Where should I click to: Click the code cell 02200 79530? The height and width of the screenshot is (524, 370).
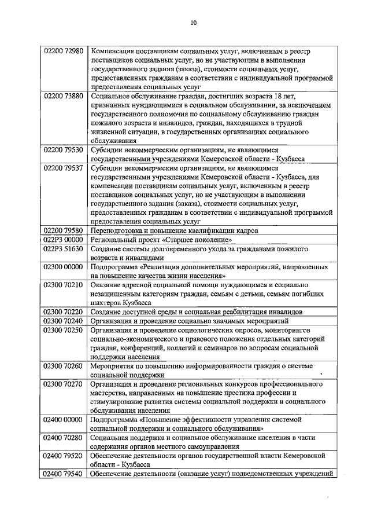[x=64, y=150]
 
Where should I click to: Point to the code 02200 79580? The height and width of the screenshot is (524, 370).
[x=64, y=230]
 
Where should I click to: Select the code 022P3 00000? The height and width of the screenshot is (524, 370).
[x=64, y=240]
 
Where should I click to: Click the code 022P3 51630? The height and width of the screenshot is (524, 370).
[x=64, y=249]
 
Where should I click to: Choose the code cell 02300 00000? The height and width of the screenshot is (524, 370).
[x=64, y=268]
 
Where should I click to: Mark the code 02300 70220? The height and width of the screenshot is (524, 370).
[x=64, y=312]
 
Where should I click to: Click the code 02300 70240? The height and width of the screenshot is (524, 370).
[x=64, y=321]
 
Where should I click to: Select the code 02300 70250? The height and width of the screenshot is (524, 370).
[x=64, y=330]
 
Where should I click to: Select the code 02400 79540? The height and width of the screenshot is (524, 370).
[x=64, y=474]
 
